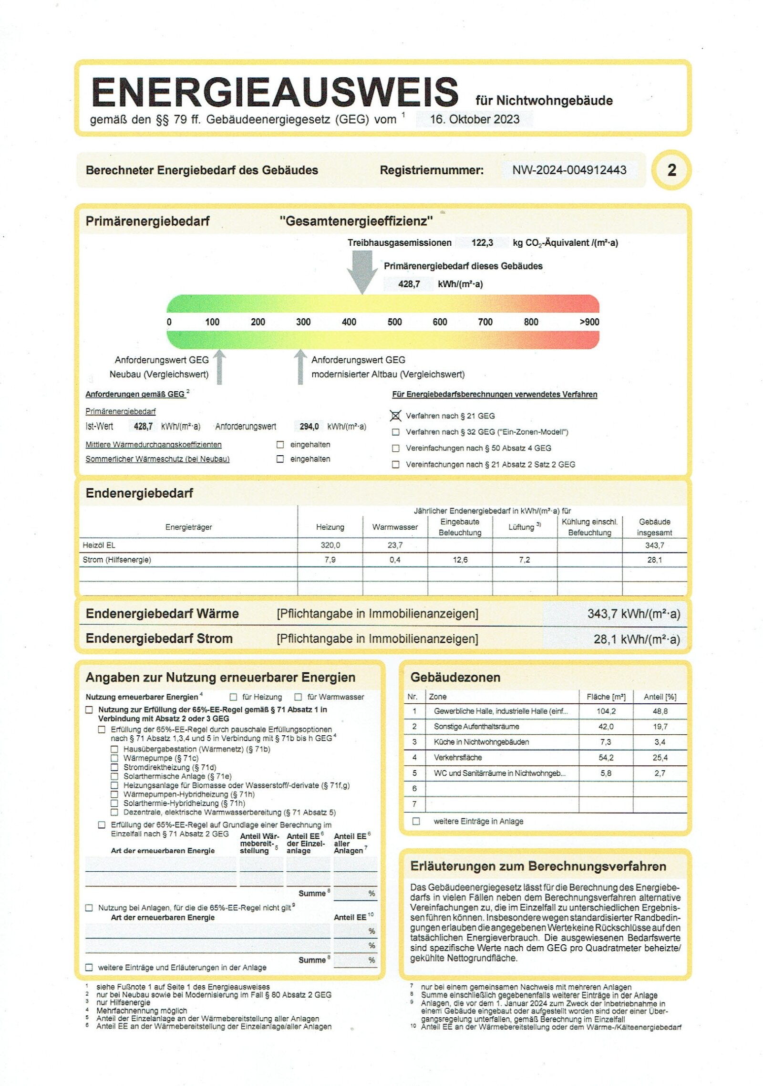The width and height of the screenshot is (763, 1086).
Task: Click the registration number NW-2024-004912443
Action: coord(569,170)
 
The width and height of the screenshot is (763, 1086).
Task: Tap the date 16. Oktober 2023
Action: coord(474,119)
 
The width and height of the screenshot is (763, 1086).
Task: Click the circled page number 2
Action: coord(671,170)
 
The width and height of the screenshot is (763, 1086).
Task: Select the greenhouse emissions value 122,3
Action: coord(482,242)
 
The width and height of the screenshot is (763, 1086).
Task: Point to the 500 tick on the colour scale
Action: coord(394,322)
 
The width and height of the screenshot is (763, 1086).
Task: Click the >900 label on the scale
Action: coord(589,322)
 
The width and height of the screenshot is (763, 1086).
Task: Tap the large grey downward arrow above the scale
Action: coord(362,271)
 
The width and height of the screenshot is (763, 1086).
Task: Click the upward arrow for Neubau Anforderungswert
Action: coord(219,366)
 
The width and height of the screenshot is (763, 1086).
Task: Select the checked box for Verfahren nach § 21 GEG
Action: coord(395,416)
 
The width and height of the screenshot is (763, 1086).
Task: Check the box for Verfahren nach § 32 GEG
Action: coord(395,432)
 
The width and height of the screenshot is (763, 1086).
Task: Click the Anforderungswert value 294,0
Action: coord(309,426)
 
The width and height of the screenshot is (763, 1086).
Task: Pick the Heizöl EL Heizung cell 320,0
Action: coord(330,545)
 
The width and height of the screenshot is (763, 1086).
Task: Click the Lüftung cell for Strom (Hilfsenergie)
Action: coord(524,560)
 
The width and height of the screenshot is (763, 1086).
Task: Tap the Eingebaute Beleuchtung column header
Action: coord(460,527)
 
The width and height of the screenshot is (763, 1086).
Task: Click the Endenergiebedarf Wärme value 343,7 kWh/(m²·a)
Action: coord(633,614)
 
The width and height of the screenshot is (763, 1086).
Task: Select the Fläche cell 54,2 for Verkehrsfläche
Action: coord(606,757)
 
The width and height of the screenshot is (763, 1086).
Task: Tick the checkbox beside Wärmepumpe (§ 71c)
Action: coord(114,758)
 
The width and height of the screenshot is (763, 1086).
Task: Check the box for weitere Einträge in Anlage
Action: coord(416,821)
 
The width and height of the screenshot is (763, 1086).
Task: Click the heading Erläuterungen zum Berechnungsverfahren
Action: coord(537,866)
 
